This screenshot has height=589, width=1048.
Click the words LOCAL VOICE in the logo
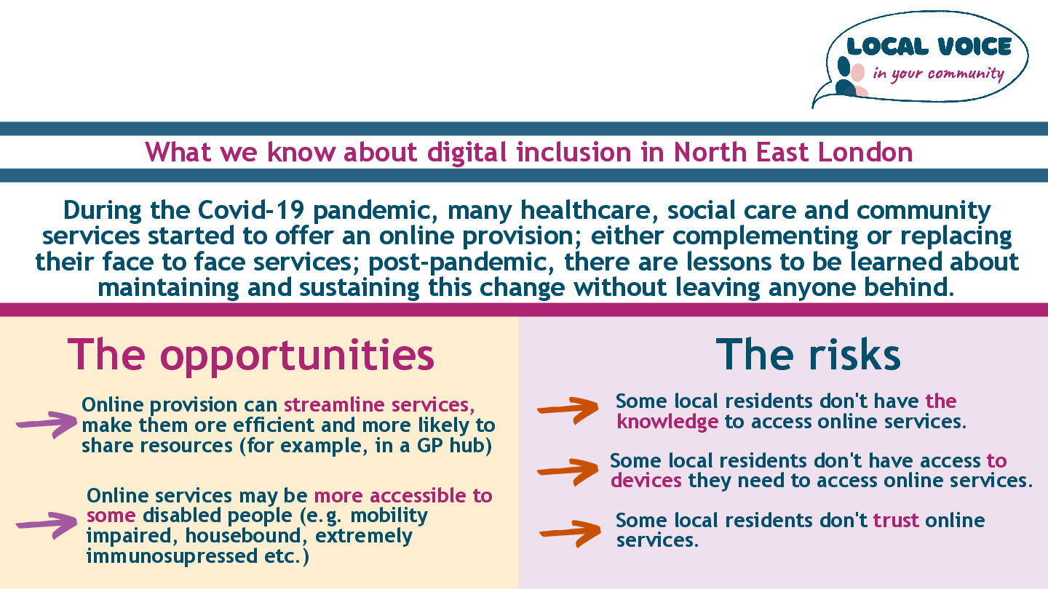tap(929, 47)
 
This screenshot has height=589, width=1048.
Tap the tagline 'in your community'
tap(939, 74)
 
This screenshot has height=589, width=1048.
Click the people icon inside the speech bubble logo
tap(851, 76)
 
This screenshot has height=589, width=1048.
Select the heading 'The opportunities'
tap(251, 356)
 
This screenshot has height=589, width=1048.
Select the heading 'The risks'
tap(808, 354)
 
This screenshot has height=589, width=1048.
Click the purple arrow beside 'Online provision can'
tap(47, 425)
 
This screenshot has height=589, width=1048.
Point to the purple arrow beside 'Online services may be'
tap(47, 526)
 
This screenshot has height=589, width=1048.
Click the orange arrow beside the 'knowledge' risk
tap(568, 410)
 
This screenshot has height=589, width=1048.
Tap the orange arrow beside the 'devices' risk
tap(568, 471)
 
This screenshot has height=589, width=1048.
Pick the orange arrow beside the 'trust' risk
tap(570, 533)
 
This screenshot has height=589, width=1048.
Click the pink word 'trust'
tap(896, 521)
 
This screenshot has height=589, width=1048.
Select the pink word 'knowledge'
tap(667, 422)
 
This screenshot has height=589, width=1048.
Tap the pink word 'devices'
tap(646, 481)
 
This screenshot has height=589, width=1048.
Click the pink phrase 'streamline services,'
tap(379, 405)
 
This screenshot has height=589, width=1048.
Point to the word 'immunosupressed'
tap(172, 556)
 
